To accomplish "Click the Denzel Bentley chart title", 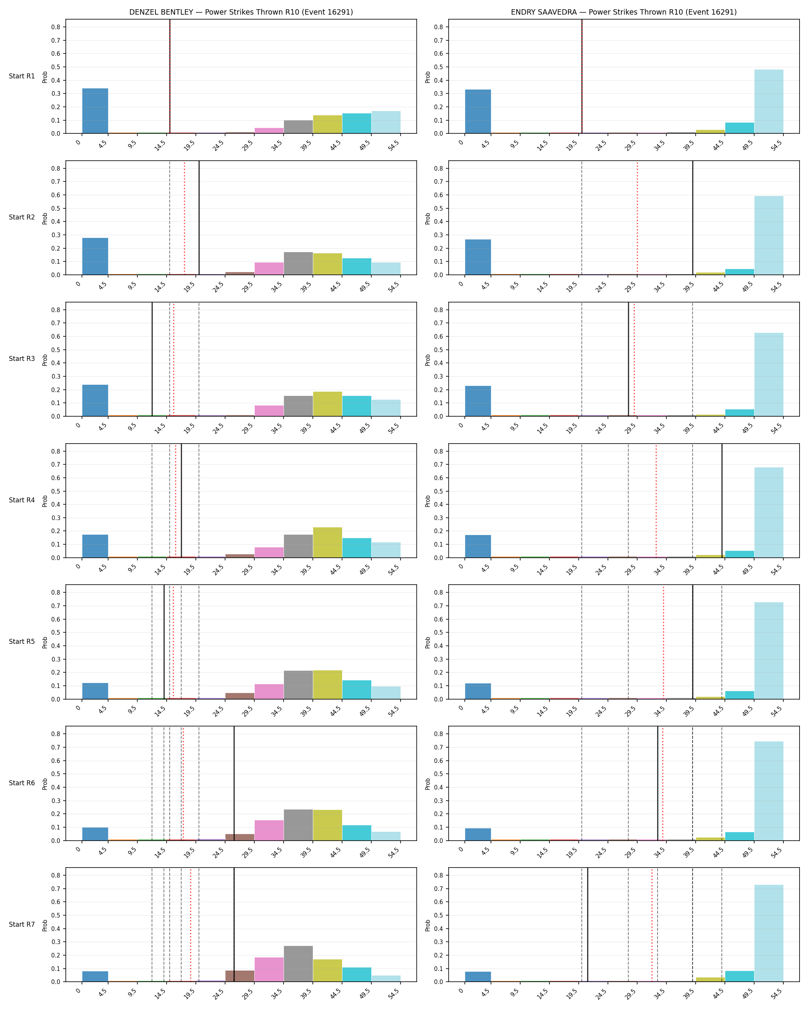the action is click(x=241, y=12).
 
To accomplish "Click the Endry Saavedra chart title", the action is click(x=623, y=12).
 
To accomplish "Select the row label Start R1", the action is click(x=22, y=76).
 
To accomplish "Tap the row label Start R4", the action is click(x=22, y=500).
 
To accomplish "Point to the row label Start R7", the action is click(x=22, y=924).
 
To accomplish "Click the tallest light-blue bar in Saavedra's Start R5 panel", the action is click(x=769, y=650).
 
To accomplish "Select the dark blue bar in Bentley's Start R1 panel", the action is click(x=95, y=111).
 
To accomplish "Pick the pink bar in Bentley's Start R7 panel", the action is click(x=269, y=970).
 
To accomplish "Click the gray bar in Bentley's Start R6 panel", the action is click(x=298, y=825).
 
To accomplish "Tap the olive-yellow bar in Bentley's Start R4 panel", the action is click(x=327, y=542).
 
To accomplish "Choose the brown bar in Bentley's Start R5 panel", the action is click(x=240, y=696).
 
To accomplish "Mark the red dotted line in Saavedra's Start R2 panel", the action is click(x=637, y=218).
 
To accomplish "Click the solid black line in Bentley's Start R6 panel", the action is click(x=234, y=783).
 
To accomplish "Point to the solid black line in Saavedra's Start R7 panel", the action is click(x=588, y=925).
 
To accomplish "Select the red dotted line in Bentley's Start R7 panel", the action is click(x=190, y=925).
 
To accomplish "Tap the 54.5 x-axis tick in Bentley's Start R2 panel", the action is click(x=394, y=287).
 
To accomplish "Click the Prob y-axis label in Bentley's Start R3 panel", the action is click(x=45, y=359).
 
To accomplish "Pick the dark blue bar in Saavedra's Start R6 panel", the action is click(x=478, y=834).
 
